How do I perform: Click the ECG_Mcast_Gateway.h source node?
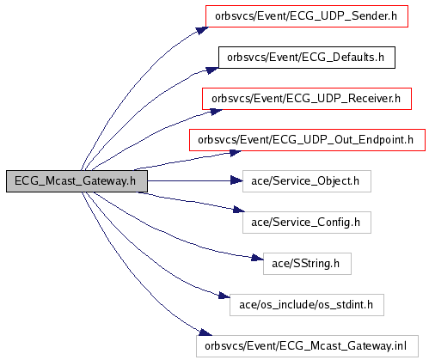click(77, 181)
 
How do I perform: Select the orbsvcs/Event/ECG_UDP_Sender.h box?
click(307, 16)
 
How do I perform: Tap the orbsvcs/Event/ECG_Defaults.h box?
click(307, 58)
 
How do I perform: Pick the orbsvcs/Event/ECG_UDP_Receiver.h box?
click(307, 99)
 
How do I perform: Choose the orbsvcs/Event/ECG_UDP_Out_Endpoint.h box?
click(307, 140)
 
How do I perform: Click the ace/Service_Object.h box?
click(307, 181)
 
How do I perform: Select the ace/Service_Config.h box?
click(307, 223)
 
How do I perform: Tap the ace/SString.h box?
click(307, 264)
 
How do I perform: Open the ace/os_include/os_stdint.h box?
click(307, 305)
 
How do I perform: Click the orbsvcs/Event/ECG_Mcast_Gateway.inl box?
click(307, 346)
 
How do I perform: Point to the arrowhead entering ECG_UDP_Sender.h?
click(202, 30)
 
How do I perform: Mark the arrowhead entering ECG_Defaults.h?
click(212, 70)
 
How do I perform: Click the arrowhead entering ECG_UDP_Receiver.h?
click(216, 111)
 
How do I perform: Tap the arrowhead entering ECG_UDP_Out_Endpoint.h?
click(236, 153)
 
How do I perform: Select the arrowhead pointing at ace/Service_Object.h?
click(236, 180)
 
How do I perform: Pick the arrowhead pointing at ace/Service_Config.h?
click(239, 210)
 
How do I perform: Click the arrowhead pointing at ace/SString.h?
click(257, 258)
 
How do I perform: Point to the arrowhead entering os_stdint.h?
click(224, 295)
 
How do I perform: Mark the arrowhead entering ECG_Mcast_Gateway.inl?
click(205, 333)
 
